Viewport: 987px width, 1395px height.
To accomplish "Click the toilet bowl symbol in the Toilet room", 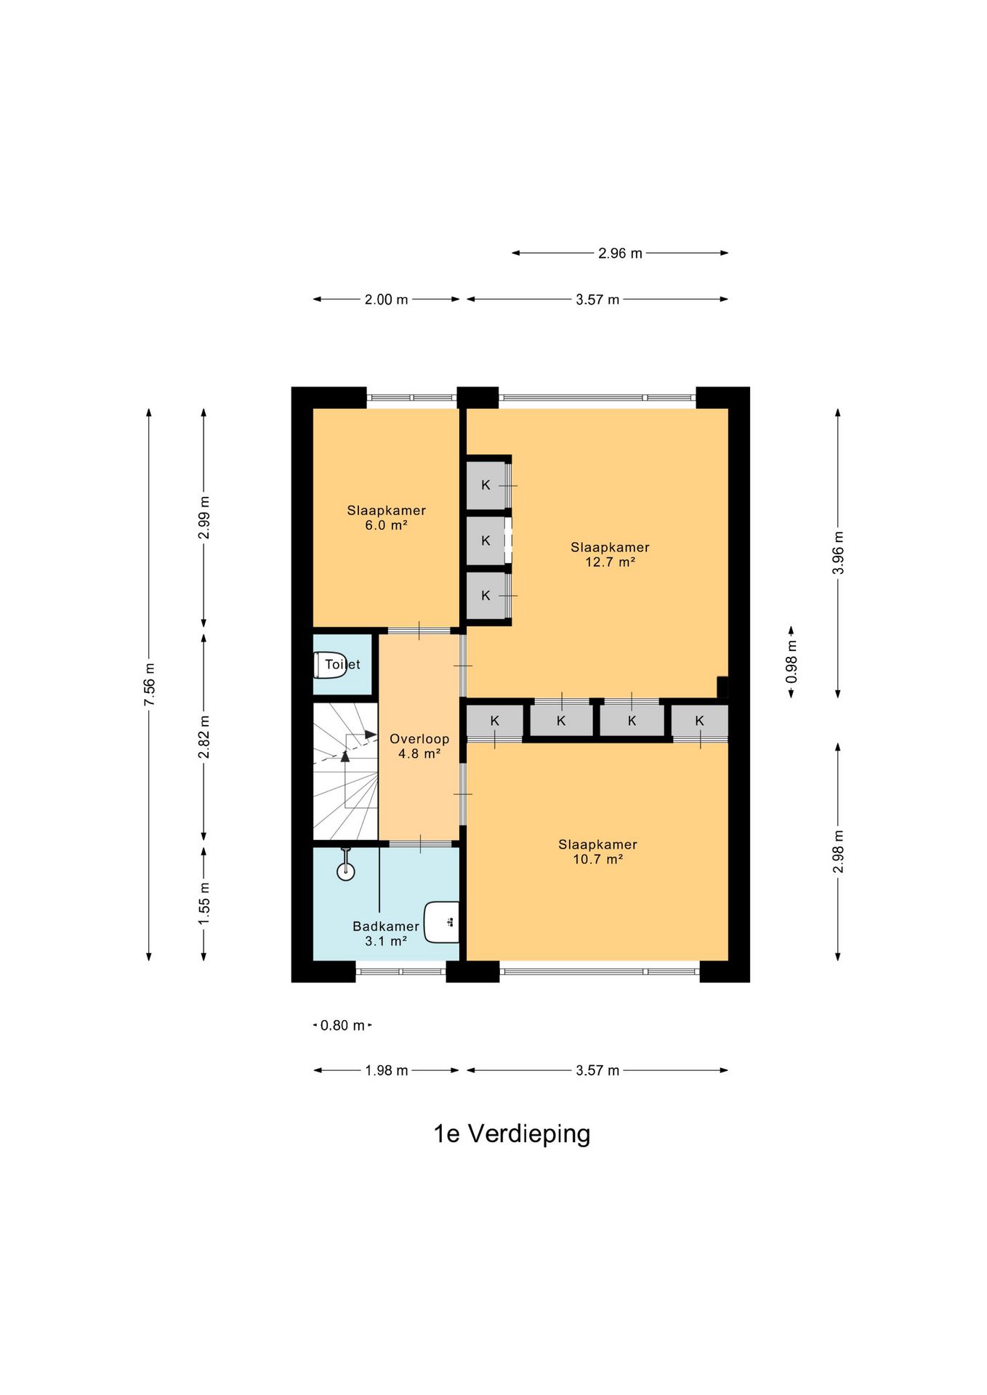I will (x=329, y=665).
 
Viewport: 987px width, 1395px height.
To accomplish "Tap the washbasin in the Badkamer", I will (x=443, y=922).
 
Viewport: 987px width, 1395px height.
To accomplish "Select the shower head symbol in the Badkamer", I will (x=346, y=867).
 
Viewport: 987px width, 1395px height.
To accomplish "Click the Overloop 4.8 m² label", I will (x=419, y=746).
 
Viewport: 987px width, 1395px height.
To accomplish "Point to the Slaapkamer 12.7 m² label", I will (x=610, y=554).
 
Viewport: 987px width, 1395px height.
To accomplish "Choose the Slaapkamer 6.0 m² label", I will (x=386, y=517).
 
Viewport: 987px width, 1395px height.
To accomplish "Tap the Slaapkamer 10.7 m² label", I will (x=597, y=852).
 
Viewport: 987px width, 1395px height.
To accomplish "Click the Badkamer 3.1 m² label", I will (x=386, y=934).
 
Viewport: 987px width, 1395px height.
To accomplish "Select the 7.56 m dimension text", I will (x=149, y=684).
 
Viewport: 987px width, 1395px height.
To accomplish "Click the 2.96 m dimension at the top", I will (x=620, y=254).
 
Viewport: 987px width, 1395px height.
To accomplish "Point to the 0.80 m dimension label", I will (x=342, y=1025).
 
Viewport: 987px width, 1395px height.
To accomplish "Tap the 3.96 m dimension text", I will (x=838, y=553).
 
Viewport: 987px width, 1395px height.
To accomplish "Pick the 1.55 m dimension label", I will (x=204, y=904).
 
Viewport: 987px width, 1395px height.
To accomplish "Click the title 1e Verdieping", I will (x=512, y=1133).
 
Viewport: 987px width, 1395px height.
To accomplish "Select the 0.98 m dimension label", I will (x=791, y=662).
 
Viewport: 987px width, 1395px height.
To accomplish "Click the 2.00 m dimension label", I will (x=386, y=299).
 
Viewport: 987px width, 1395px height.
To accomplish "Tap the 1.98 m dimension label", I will (x=386, y=1070).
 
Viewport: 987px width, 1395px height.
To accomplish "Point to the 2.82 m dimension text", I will (x=204, y=737).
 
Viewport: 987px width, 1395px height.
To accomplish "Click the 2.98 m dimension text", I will (x=838, y=852).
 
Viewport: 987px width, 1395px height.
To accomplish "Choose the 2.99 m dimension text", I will (x=204, y=517).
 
